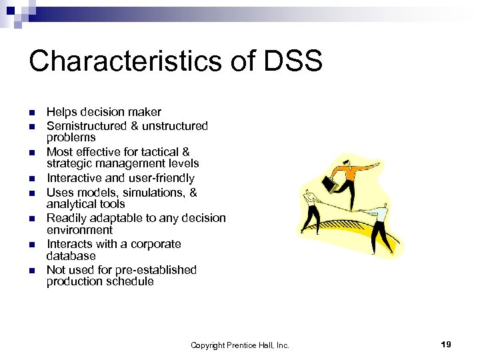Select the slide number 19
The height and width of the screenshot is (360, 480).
446,344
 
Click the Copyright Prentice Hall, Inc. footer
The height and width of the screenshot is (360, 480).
240,345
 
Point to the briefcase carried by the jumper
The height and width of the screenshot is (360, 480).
329,183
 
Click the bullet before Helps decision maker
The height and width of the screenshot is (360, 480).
31,112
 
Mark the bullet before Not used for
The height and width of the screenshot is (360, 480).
31,270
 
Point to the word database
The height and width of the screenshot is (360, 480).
71,256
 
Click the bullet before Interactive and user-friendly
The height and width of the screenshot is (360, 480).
31,178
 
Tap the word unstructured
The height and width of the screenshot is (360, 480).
177,126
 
